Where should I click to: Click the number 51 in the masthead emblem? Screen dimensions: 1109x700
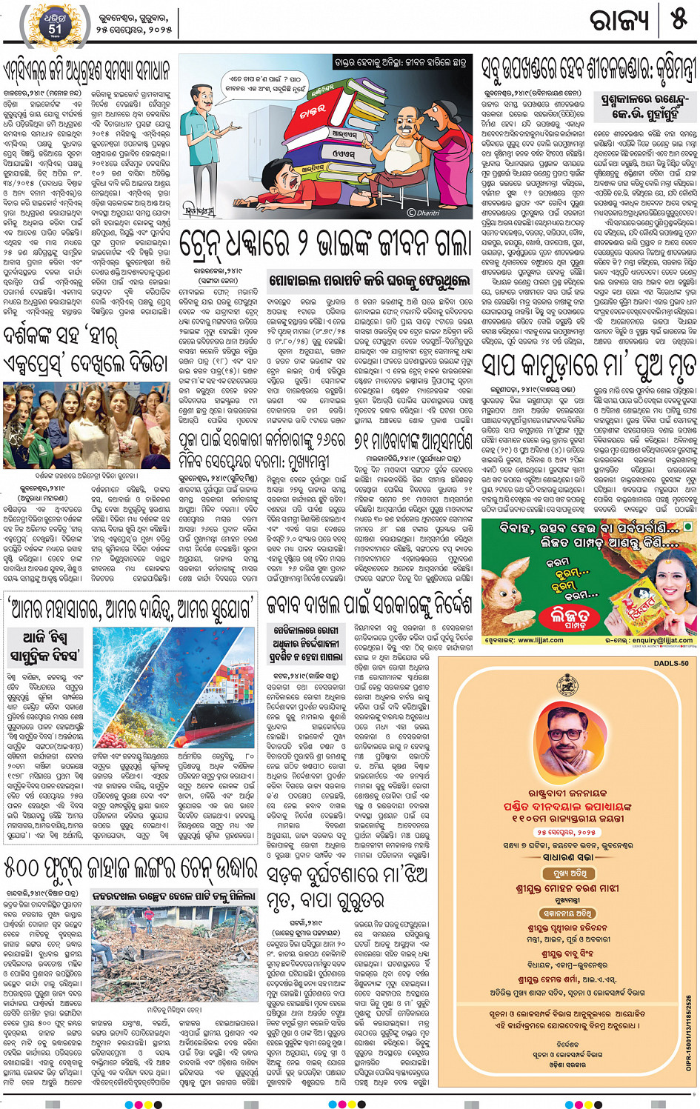[56, 29]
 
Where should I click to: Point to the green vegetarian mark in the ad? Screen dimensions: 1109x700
[688, 527]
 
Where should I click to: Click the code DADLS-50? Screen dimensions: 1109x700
[670, 663]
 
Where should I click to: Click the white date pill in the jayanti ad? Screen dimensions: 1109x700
[579, 832]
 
